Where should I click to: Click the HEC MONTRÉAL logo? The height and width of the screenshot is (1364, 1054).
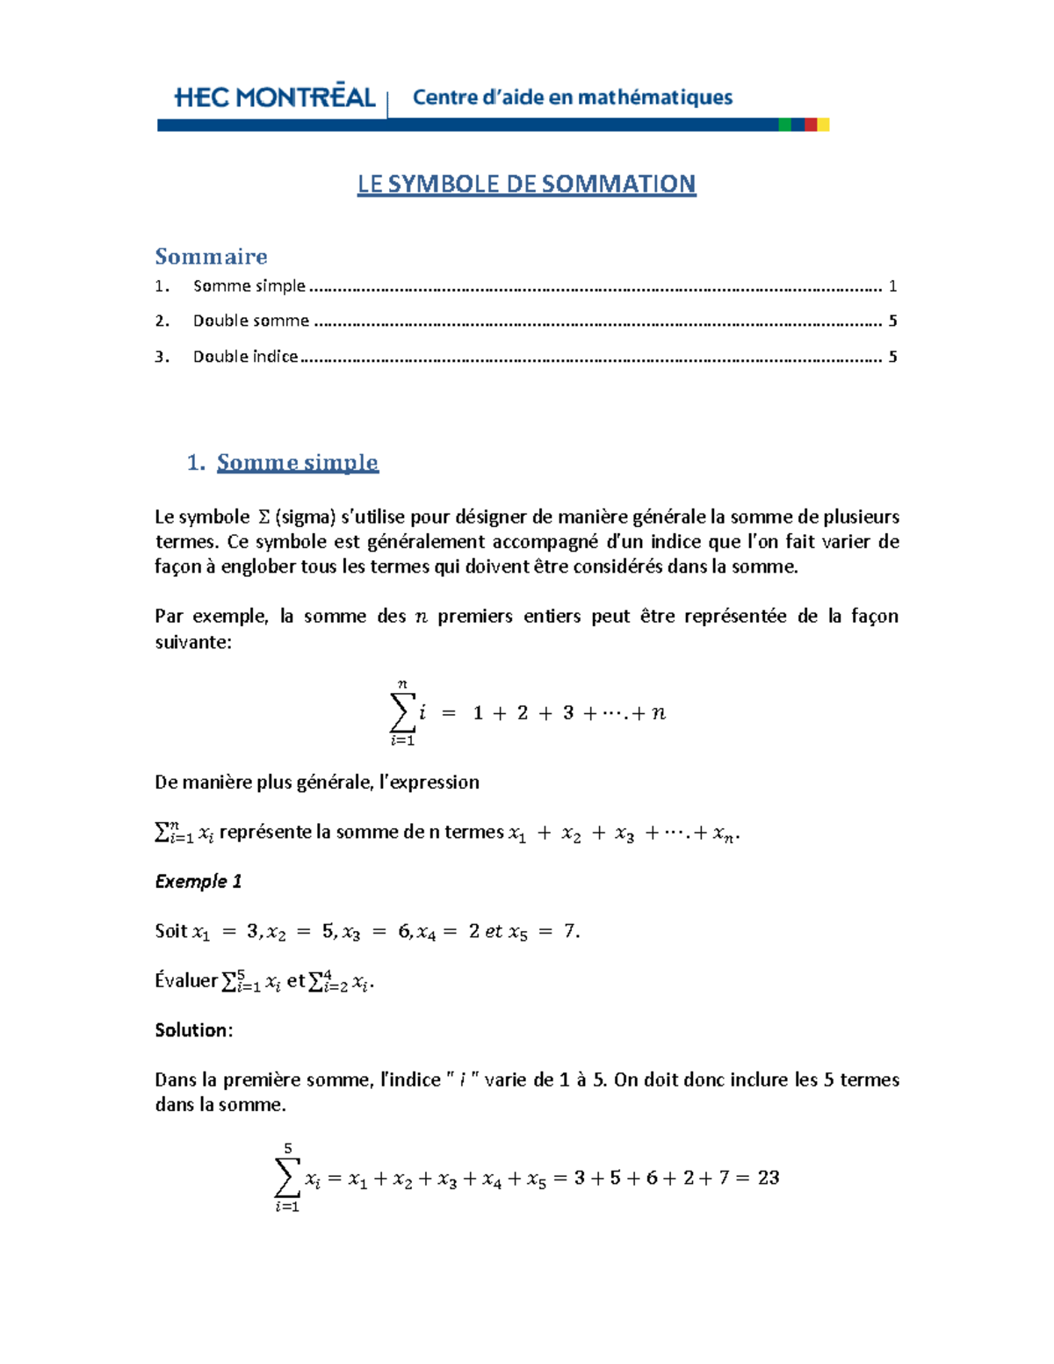(275, 97)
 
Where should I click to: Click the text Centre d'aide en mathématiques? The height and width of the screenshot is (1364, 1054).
(573, 97)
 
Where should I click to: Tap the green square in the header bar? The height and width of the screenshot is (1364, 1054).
(784, 125)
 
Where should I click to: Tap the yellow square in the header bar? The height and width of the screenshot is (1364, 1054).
(824, 125)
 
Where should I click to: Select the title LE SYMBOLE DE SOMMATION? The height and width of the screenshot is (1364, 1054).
(526, 184)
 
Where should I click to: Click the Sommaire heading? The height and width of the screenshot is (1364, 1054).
(211, 256)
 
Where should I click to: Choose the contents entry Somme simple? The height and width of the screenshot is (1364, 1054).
(249, 285)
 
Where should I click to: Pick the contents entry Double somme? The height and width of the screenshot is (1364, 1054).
(251, 321)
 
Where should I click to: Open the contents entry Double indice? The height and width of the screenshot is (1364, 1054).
(246, 356)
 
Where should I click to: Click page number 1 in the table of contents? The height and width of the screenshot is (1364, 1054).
(892, 285)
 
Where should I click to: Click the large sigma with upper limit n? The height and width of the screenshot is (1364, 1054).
(402, 712)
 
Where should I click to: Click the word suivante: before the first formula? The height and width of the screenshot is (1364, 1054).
(193, 642)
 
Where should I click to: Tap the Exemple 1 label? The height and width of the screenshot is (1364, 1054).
(198, 881)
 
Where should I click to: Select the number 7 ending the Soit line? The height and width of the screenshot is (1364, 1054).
(570, 931)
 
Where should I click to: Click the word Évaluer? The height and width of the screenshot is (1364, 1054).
(186, 980)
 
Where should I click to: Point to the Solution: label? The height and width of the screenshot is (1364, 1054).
(193, 1030)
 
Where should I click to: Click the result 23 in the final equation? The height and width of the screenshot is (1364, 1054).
(769, 1178)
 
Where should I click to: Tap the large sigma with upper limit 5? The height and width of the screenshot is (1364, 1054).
(287, 1178)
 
